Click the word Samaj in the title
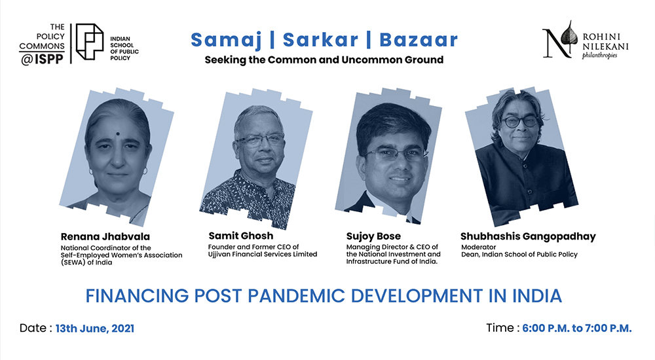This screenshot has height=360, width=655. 226,41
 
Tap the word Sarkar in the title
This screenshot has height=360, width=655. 320,40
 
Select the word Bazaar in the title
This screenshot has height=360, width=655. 419,40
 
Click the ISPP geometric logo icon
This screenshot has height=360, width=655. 90,42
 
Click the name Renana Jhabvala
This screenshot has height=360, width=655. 105,237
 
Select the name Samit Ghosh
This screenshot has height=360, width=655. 240,236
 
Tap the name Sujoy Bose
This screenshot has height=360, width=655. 373,236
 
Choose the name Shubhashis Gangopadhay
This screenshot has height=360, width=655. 528,237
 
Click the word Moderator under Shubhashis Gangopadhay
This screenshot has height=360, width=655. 478,247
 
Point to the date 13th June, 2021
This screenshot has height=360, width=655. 95,329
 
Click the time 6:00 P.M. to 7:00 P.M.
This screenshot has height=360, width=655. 577,329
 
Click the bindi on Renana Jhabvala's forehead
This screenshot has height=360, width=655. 118,134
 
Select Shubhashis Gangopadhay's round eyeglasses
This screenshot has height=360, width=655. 519,122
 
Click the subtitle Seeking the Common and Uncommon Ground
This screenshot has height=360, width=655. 324,60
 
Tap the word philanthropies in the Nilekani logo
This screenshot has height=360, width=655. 599,56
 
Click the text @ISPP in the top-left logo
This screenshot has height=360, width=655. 42,60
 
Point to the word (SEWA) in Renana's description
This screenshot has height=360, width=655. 73,262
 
